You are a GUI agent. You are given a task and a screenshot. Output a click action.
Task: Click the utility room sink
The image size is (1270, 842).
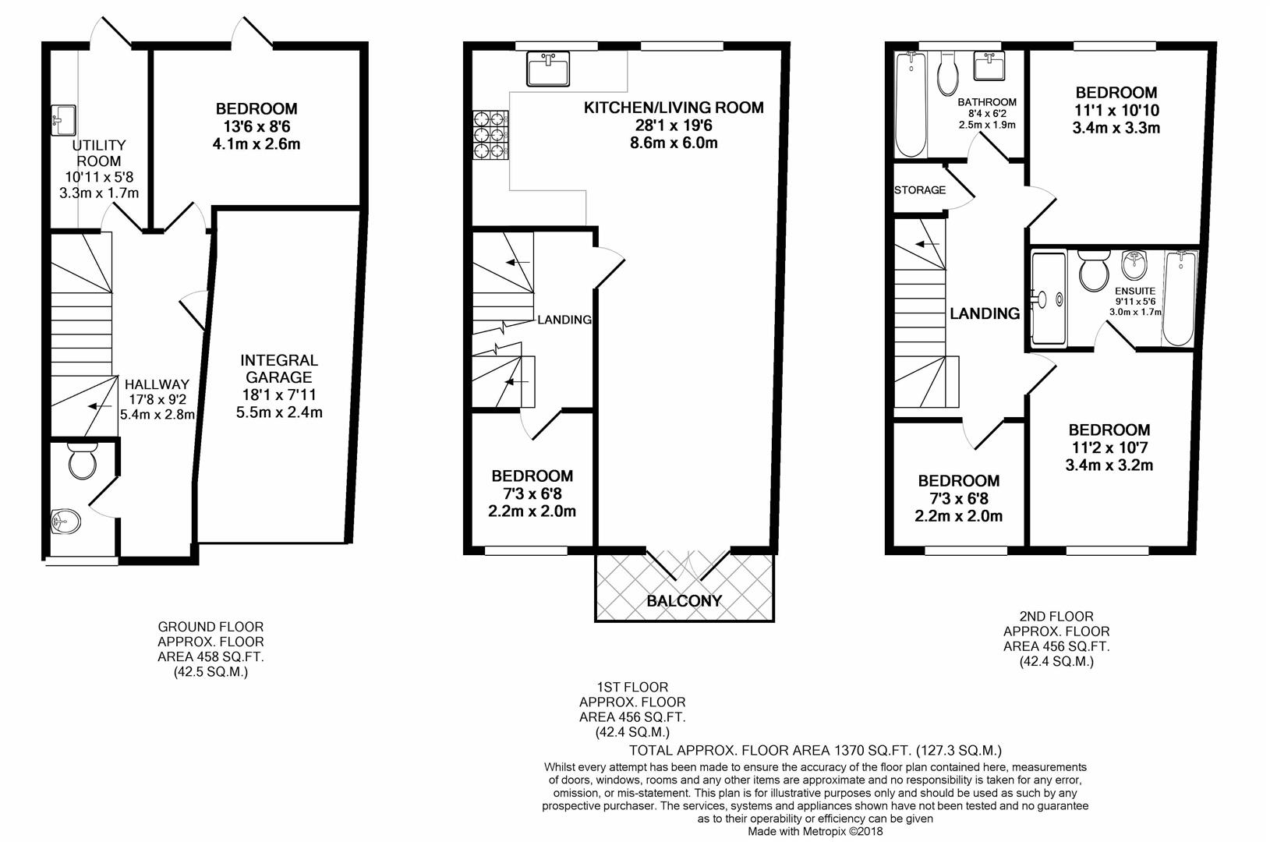[x=63, y=120]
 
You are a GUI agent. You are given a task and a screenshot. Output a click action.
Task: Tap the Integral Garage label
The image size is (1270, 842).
[x=278, y=369]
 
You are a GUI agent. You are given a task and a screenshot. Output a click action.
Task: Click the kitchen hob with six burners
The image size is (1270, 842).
[x=490, y=135]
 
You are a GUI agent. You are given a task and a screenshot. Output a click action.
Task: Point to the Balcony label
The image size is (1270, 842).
[x=685, y=601]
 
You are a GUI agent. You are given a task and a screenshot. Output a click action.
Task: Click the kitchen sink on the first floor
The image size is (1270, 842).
[x=548, y=69]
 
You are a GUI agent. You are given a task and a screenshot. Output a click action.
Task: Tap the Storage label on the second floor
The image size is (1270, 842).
[x=920, y=190]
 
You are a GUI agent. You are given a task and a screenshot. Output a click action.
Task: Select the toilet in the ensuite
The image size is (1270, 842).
[x=1093, y=271]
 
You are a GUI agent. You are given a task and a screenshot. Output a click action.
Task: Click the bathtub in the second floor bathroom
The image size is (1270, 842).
[x=911, y=104]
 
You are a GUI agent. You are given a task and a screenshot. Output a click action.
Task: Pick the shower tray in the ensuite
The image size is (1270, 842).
[x=1049, y=299]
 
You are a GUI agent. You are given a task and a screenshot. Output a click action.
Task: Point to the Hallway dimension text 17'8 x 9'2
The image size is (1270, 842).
[x=157, y=399]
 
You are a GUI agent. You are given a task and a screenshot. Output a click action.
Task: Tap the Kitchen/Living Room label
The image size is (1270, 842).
[x=674, y=108]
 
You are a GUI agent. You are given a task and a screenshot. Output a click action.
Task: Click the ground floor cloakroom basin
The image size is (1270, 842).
[x=65, y=521]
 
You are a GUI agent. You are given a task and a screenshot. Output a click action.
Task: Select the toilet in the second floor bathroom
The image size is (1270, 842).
[x=948, y=73]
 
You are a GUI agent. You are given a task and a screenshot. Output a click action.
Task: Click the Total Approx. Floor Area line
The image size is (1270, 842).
[x=815, y=751]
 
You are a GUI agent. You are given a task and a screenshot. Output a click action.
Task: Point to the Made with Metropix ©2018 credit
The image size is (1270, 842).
[x=815, y=832]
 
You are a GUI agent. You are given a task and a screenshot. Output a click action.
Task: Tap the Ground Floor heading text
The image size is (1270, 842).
[x=210, y=627]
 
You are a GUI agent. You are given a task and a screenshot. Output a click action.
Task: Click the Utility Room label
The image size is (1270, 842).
[x=99, y=153]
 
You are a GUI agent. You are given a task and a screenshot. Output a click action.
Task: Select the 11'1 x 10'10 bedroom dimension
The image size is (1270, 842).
[x=1116, y=111]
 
